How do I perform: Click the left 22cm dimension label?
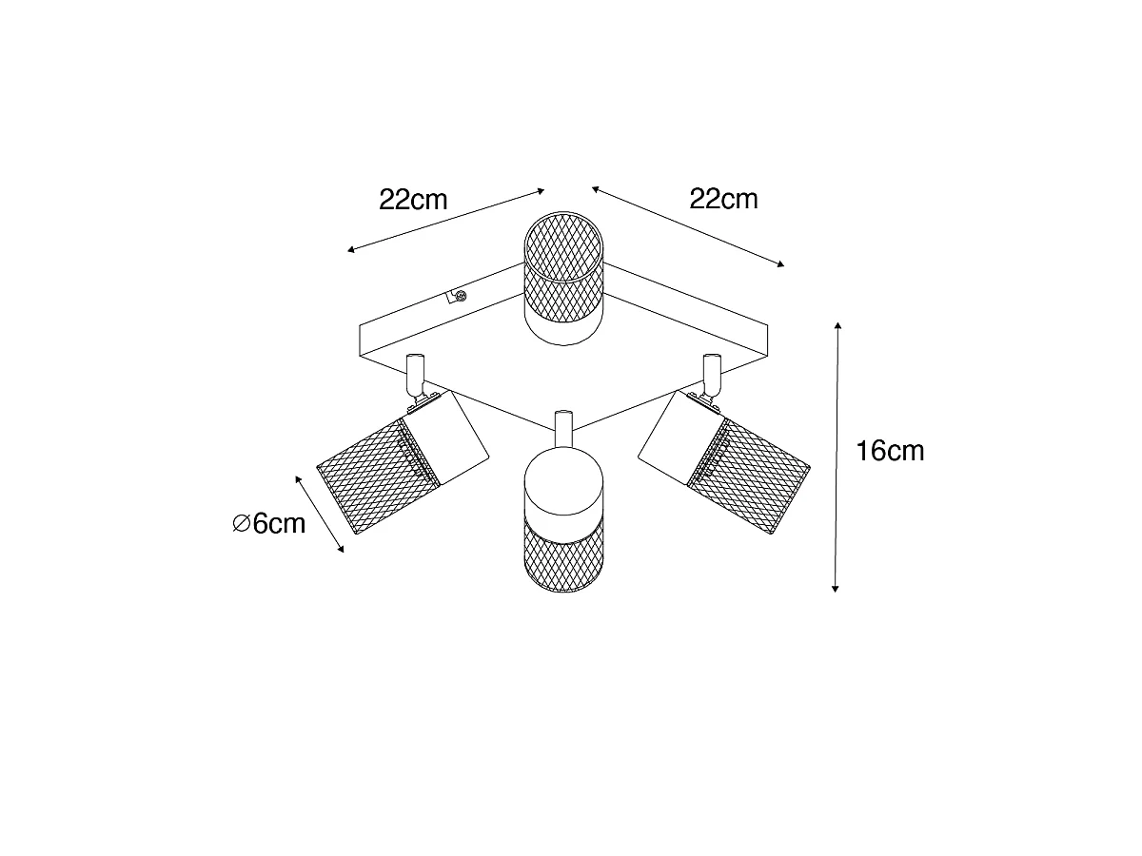click(x=413, y=200)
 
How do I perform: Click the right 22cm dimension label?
click(x=723, y=199)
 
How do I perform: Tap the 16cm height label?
click(x=890, y=451)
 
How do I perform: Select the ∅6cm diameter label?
click(x=268, y=523)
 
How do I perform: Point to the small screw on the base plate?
click(x=460, y=296)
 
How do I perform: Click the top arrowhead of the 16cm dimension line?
click(x=837, y=326)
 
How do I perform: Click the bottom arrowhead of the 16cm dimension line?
click(x=835, y=589)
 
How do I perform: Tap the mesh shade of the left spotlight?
click(x=375, y=477)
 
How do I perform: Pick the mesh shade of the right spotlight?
click(x=749, y=477)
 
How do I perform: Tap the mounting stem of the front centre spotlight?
click(x=563, y=429)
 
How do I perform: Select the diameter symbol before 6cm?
click(x=241, y=523)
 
